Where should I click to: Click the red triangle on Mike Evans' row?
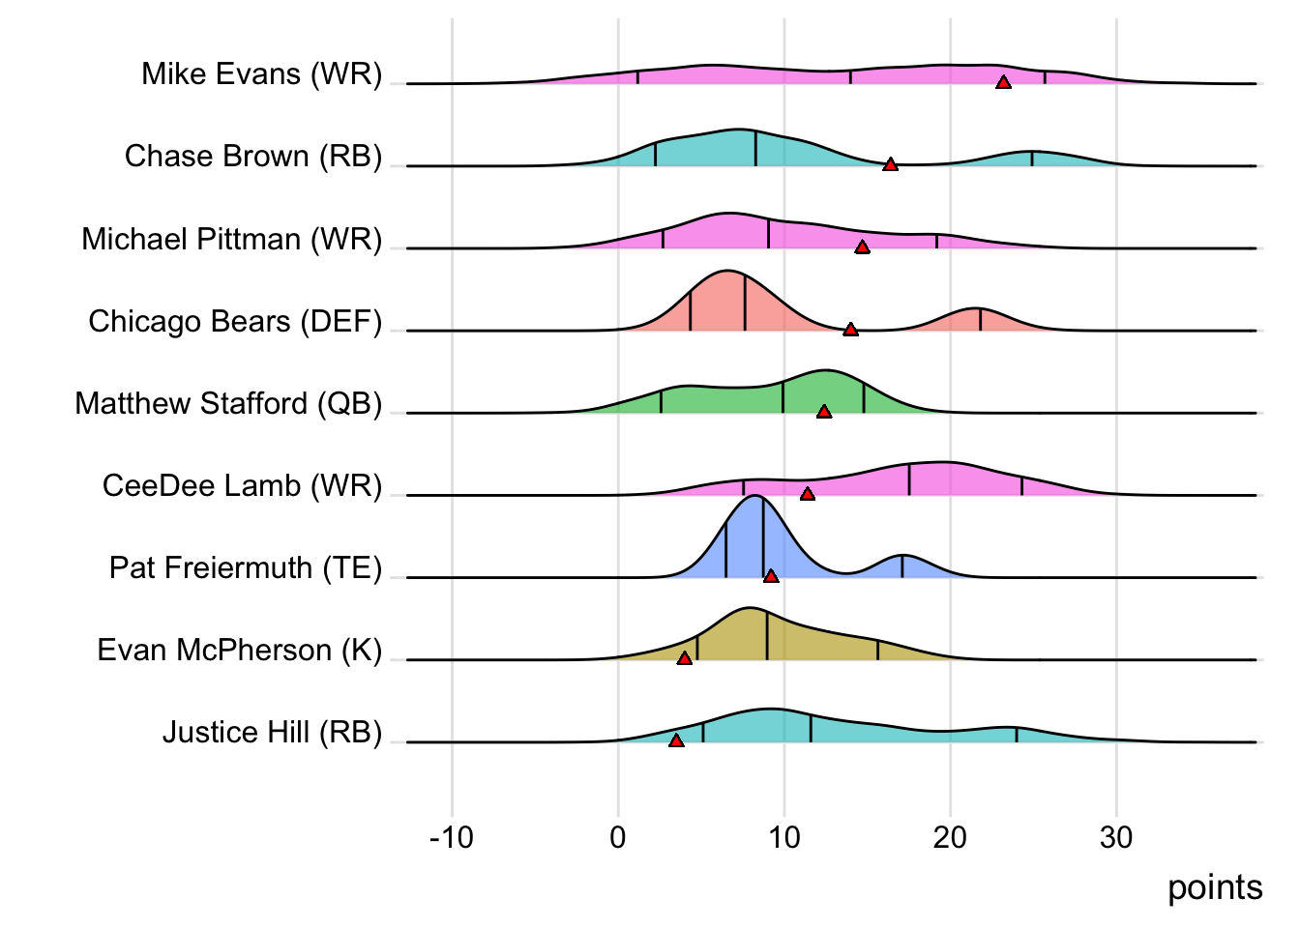[1004, 83]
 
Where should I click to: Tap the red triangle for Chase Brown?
[891, 165]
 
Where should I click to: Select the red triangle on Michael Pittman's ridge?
[863, 247]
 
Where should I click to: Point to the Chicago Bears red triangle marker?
[850, 330]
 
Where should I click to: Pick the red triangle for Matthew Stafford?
[824, 412]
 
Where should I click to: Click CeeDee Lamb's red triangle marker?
[808, 494]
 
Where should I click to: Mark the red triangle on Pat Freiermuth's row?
[771, 576]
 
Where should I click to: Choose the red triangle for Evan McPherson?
[685, 658]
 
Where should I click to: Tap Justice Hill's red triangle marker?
[676, 740]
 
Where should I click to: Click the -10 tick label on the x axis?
[452, 837]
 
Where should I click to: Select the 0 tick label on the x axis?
[618, 837]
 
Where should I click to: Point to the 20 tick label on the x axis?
[950, 837]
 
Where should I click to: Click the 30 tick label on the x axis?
[1116, 837]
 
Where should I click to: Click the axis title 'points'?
[1215, 887]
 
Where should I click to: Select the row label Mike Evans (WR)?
[261, 74]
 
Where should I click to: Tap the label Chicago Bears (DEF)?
[235, 321]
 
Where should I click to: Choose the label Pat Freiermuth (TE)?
[246, 567]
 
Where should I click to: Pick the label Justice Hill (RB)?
[272, 733]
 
